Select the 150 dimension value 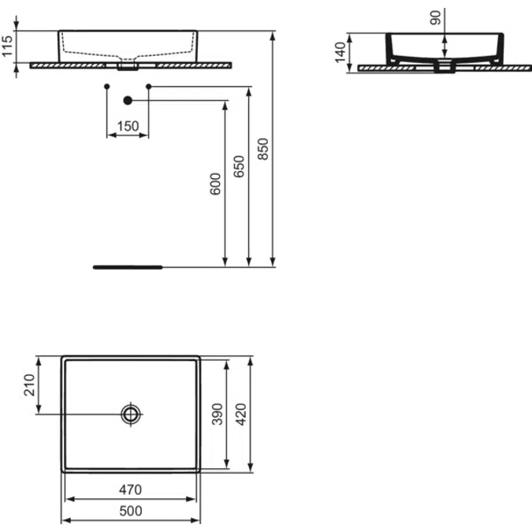(128, 125)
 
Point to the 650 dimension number (240, 168)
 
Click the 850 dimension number (263, 149)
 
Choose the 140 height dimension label (340, 53)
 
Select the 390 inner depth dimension (218, 414)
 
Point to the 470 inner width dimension (130, 489)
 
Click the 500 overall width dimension (130, 511)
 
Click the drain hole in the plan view (130, 414)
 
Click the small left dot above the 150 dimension (106, 85)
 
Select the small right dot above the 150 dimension (149, 85)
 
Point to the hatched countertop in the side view (489, 68)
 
